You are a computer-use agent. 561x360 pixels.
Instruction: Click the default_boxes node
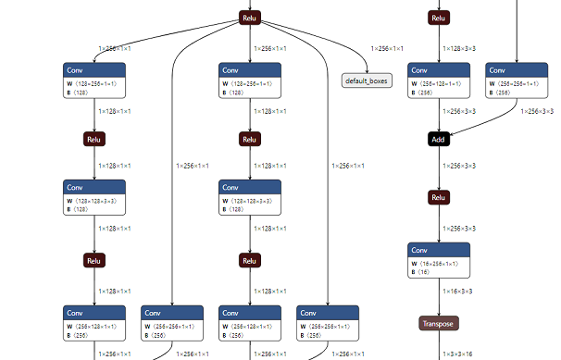point(367,81)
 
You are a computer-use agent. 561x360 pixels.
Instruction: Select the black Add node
point(439,139)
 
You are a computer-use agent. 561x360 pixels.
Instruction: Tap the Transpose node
point(439,323)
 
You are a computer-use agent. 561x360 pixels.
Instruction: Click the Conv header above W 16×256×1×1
point(439,250)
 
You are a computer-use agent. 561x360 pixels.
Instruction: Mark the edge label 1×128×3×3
point(460,48)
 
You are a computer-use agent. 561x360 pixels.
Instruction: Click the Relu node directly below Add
point(439,198)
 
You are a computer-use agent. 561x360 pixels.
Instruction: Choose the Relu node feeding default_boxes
point(249,18)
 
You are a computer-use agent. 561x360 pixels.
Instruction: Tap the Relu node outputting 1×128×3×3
point(439,18)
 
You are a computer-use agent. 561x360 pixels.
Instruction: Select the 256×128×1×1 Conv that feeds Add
point(439,81)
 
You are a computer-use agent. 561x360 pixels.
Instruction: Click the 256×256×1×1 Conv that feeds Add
point(516,81)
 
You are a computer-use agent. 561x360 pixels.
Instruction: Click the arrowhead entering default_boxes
point(366,71)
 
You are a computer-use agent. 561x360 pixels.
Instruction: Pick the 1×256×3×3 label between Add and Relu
point(460,167)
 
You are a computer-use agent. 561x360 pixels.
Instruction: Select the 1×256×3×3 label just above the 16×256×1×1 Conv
point(460,228)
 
